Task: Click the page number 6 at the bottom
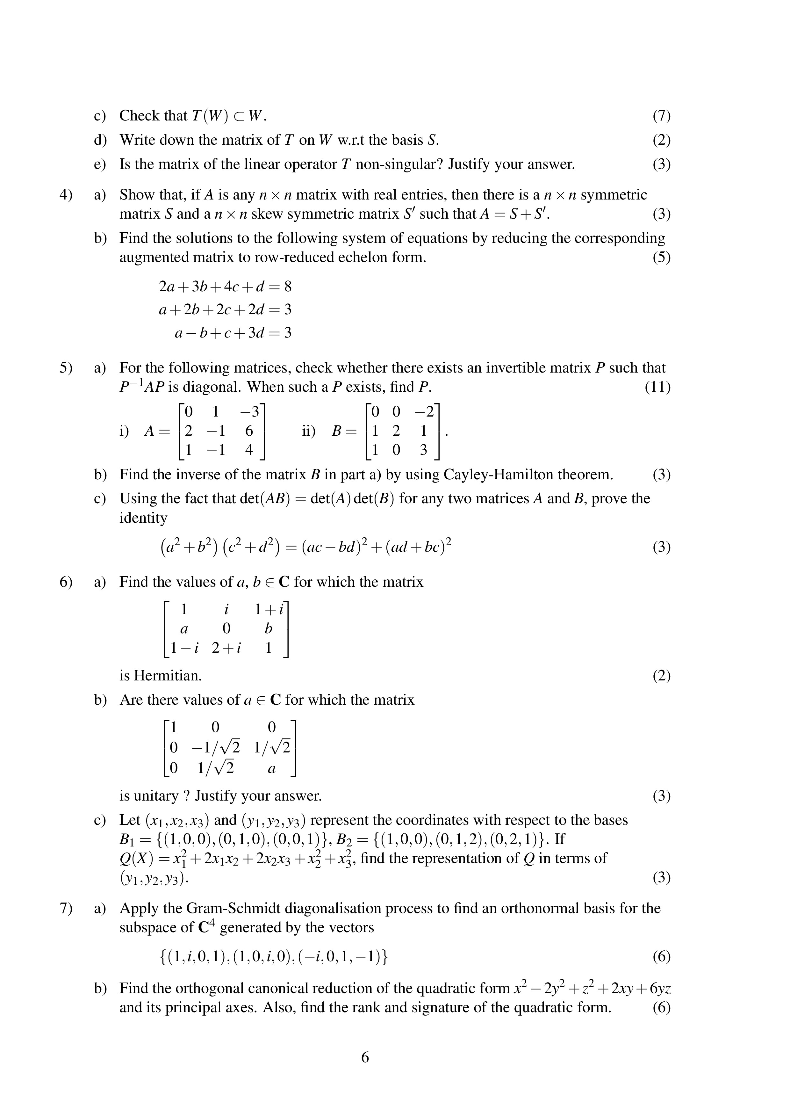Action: click(365, 1057)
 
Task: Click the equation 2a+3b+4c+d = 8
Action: click(225, 286)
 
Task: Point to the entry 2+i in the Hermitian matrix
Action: click(226, 648)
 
